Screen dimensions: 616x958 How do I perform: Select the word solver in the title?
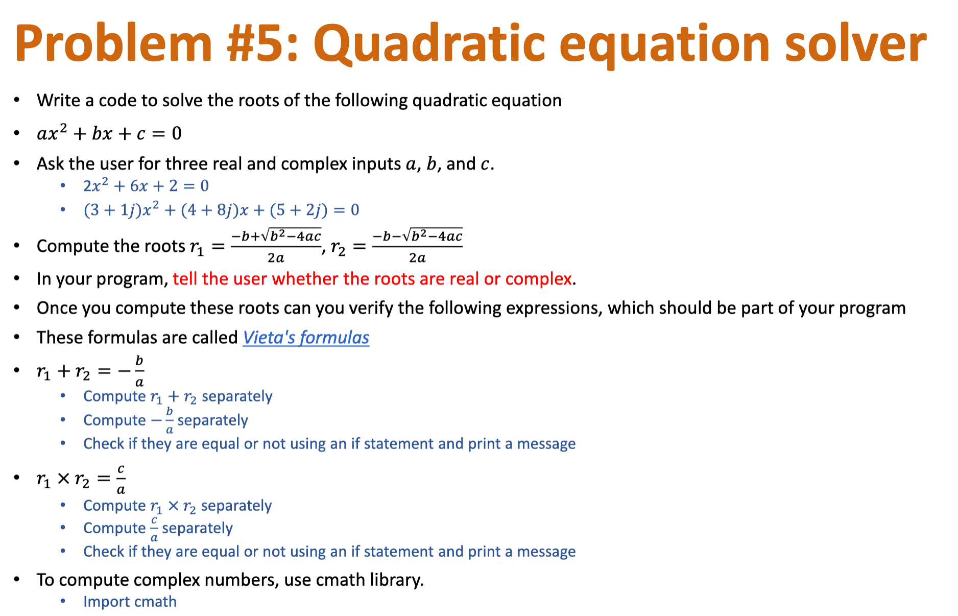click(855, 44)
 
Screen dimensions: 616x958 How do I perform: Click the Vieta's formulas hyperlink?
click(305, 338)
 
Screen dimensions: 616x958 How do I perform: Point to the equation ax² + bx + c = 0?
click(109, 133)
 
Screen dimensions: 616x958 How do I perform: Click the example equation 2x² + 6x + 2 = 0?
click(146, 186)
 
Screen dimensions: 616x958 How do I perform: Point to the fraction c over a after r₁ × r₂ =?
click(121, 479)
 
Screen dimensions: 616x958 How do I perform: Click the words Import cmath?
click(130, 602)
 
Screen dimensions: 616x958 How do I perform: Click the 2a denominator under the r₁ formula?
click(276, 258)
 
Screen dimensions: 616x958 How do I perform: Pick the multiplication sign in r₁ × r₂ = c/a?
click(63, 479)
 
